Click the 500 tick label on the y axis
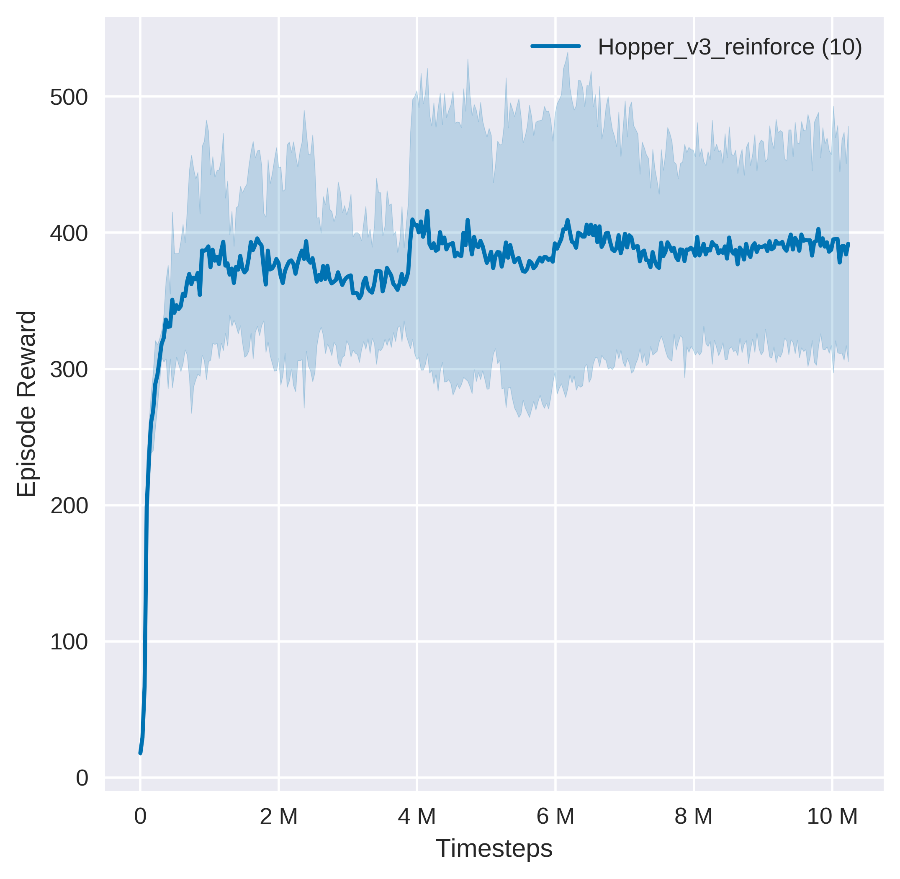[x=69, y=98]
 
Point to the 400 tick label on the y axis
[x=69, y=234]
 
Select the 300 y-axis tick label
[x=69, y=370]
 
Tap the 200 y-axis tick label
[x=69, y=506]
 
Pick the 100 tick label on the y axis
[x=69, y=642]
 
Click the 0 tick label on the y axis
[x=82, y=778]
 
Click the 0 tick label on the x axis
[x=140, y=817]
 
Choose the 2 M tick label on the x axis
[x=279, y=817]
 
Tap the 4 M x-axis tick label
[x=417, y=817]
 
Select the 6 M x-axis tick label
[x=555, y=817]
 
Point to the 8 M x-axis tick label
[x=693, y=817]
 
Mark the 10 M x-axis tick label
[x=832, y=817]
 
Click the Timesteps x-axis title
[x=494, y=848]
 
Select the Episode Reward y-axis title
[x=26, y=404]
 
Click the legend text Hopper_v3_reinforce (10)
[x=730, y=47]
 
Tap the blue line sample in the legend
[x=555, y=46]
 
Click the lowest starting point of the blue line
[x=140, y=753]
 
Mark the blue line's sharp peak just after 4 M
[x=427, y=211]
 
